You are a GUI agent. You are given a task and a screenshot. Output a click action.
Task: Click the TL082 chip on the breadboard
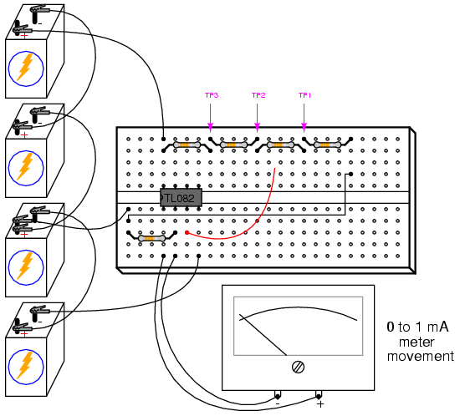(x=181, y=198)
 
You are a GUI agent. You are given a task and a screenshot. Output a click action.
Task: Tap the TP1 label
(x=304, y=95)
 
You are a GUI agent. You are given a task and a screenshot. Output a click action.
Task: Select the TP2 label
(x=258, y=95)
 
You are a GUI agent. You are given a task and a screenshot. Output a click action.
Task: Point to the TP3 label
(x=212, y=95)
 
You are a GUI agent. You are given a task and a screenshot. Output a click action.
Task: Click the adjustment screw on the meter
(x=299, y=367)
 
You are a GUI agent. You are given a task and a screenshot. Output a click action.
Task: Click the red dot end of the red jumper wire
(x=187, y=232)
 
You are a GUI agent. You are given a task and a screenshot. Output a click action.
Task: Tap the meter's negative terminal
(x=277, y=397)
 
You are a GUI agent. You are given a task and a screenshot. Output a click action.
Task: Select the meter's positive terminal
(x=319, y=397)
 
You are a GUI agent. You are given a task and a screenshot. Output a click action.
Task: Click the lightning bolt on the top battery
(x=24, y=67)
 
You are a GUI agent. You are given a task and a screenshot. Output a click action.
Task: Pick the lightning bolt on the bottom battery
(x=24, y=365)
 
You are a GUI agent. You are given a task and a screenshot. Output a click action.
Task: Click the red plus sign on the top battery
(x=24, y=36)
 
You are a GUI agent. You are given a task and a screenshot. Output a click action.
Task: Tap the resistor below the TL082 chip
(x=151, y=238)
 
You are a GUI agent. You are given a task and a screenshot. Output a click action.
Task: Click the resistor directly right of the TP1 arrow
(x=327, y=145)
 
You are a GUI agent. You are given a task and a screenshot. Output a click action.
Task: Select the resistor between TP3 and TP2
(x=233, y=145)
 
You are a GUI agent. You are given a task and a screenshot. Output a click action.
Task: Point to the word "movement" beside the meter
(x=421, y=357)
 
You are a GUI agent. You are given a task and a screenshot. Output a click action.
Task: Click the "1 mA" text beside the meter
(x=432, y=327)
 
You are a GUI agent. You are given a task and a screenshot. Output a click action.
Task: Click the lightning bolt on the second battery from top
(x=24, y=166)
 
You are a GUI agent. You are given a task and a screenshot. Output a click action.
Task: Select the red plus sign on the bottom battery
(x=24, y=334)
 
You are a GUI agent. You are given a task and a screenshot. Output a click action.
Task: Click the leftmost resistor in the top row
(x=187, y=145)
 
